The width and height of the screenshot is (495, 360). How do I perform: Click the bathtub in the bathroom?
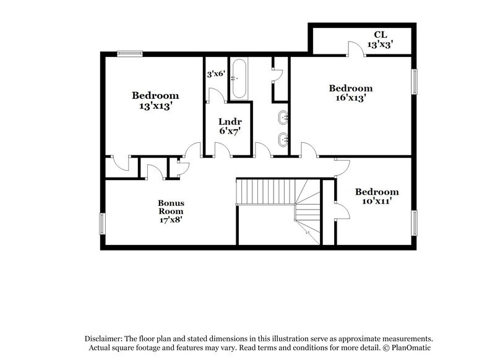click(239, 79)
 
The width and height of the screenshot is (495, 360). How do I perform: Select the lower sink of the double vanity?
click(283, 139)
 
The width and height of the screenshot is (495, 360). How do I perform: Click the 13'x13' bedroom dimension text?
click(155, 106)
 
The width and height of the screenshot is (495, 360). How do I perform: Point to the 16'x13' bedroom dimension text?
click(351, 97)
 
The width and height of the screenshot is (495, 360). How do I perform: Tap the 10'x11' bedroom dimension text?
click(376, 201)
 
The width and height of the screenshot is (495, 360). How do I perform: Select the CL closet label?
click(381, 35)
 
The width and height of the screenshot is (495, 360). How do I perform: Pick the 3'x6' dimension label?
click(215, 74)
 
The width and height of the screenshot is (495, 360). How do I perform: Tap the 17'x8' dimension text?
click(171, 219)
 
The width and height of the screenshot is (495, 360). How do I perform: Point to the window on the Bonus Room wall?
click(103, 224)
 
